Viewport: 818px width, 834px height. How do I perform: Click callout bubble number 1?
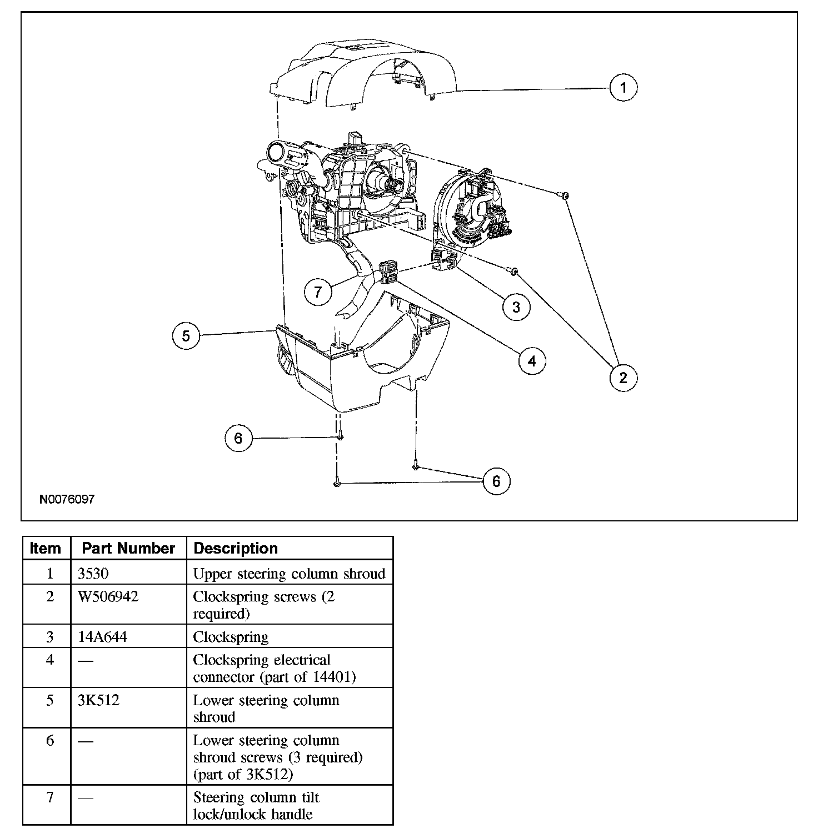tap(623, 88)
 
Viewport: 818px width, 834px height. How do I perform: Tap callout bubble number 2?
tap(623, 378)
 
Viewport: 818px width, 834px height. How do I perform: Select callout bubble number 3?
tap(516, 307)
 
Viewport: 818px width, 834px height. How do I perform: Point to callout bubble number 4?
tap(532, 361)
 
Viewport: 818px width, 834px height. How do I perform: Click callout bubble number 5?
tap(186, 335)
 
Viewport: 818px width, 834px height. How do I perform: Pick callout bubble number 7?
tap(318, 292)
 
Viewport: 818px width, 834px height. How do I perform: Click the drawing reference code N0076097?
tap(67, 499)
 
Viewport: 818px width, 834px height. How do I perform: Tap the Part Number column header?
tap(128, 549)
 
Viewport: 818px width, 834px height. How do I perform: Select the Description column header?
tap(236, 549)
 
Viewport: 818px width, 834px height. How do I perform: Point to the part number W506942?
tap(108, 597)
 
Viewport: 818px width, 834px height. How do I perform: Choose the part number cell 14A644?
tap(103, 637)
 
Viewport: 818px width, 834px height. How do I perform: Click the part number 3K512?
tap(99, 700)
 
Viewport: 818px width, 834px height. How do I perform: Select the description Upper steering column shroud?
tap(289, 574)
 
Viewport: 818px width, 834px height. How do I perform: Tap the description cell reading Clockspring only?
tap(231, 637)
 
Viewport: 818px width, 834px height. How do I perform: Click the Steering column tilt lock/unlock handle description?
tap(256, 806)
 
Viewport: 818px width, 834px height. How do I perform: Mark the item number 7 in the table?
tap(50, 798)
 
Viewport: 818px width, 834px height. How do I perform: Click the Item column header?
tap(46, 549)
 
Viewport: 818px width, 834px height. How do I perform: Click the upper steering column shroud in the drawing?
tap(363, 72)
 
